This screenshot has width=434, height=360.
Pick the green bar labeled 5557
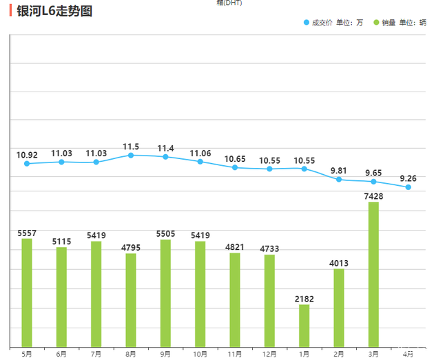[x=27, y=293]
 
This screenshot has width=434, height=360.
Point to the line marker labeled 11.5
[x=131, y=156]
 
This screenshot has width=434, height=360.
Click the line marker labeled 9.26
[x=409, y=187]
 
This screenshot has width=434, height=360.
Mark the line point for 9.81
[x=339, y=180]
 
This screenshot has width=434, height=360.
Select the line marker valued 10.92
[x=27, y=164]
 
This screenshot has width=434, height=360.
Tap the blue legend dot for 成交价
[x=307, y=23]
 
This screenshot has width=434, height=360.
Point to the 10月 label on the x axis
[x=200, y=354]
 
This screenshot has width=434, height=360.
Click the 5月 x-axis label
[x=27, y=354]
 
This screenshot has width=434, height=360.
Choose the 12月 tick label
[x=269, y=354]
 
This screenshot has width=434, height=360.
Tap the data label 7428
[x=373, y=196]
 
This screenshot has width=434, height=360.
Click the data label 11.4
[x=165, y=149]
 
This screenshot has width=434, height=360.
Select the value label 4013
[x=339, y=262]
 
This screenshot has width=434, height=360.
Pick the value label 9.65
[x=373, y=173]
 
